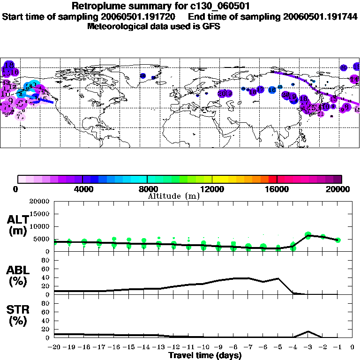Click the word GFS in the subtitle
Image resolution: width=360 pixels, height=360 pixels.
(212, 26)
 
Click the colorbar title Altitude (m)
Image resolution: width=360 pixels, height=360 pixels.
(173, 196)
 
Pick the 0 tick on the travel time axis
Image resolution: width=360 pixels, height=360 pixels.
(352, 347)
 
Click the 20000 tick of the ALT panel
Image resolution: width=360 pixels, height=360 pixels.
(40, 202)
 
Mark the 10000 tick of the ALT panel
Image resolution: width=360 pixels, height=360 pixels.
(40, 226)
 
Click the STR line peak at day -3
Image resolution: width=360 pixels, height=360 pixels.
(307, 331)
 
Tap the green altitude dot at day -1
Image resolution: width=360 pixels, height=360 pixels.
(337, 240)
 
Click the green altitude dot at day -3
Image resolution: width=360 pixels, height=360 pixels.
(308, 235)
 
